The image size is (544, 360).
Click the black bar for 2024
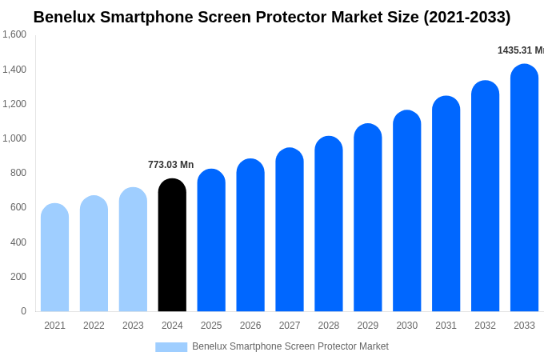point(172,246)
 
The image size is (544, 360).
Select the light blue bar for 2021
point(54,258)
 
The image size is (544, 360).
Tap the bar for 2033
point(524,188)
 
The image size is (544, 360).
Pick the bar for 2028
point(328,224)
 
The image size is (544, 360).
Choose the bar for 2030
point(406,211)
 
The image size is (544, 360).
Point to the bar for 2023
point(133,250)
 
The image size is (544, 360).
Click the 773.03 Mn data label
point(170,165)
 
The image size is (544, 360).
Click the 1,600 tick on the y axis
point(14,34)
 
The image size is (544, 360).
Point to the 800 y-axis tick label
point(18,173)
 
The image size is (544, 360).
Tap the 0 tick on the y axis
point(23,311)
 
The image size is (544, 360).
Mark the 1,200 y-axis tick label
point(14,104)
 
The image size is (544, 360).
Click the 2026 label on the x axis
point(250,326)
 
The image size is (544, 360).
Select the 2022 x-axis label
point(94,326)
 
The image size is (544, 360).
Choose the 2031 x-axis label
point(446,326)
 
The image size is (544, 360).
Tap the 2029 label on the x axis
point(367,326)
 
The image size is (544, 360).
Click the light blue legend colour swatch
point(171,347)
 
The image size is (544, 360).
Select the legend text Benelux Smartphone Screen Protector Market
point(290,346)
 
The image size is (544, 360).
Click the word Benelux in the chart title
point(63,17)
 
